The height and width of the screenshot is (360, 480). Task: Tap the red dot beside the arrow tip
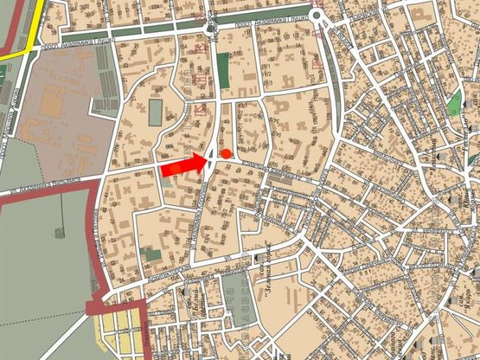click(227, 153)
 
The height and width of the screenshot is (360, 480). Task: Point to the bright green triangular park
click(454, 104)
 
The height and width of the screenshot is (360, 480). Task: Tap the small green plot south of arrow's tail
click(150, 255)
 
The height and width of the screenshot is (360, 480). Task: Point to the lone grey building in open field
click(59, 232)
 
